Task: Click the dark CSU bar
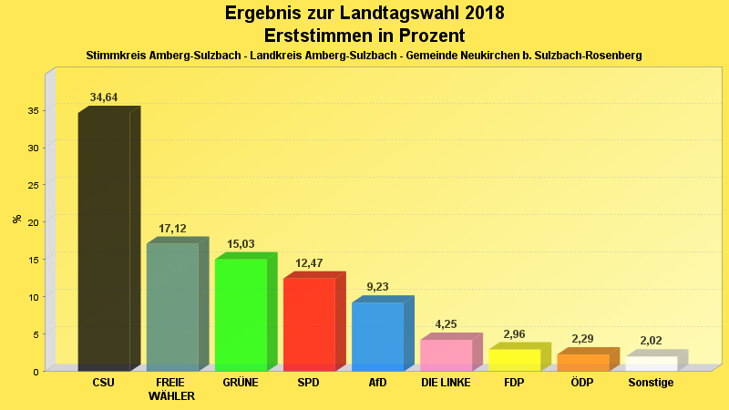(104, 241)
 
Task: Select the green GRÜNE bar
(241, 314)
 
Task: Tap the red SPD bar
(309, 323)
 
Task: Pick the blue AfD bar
(377, 335)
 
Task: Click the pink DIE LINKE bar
(446, 354)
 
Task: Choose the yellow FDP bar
(514, 359)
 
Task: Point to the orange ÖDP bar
(582, 362)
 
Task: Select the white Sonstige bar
(651, 363)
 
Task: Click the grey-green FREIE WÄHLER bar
(172, 306)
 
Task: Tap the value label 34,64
(104, 97)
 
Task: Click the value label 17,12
(172, 228)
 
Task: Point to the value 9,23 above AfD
(377, 287)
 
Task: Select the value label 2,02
(651, 341)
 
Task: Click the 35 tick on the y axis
(32, 110)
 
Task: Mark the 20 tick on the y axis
(32, 222)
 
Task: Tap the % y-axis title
(16, 219)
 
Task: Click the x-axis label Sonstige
(651, 383)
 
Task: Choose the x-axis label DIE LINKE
(446, 383)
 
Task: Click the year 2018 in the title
(478, 14)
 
